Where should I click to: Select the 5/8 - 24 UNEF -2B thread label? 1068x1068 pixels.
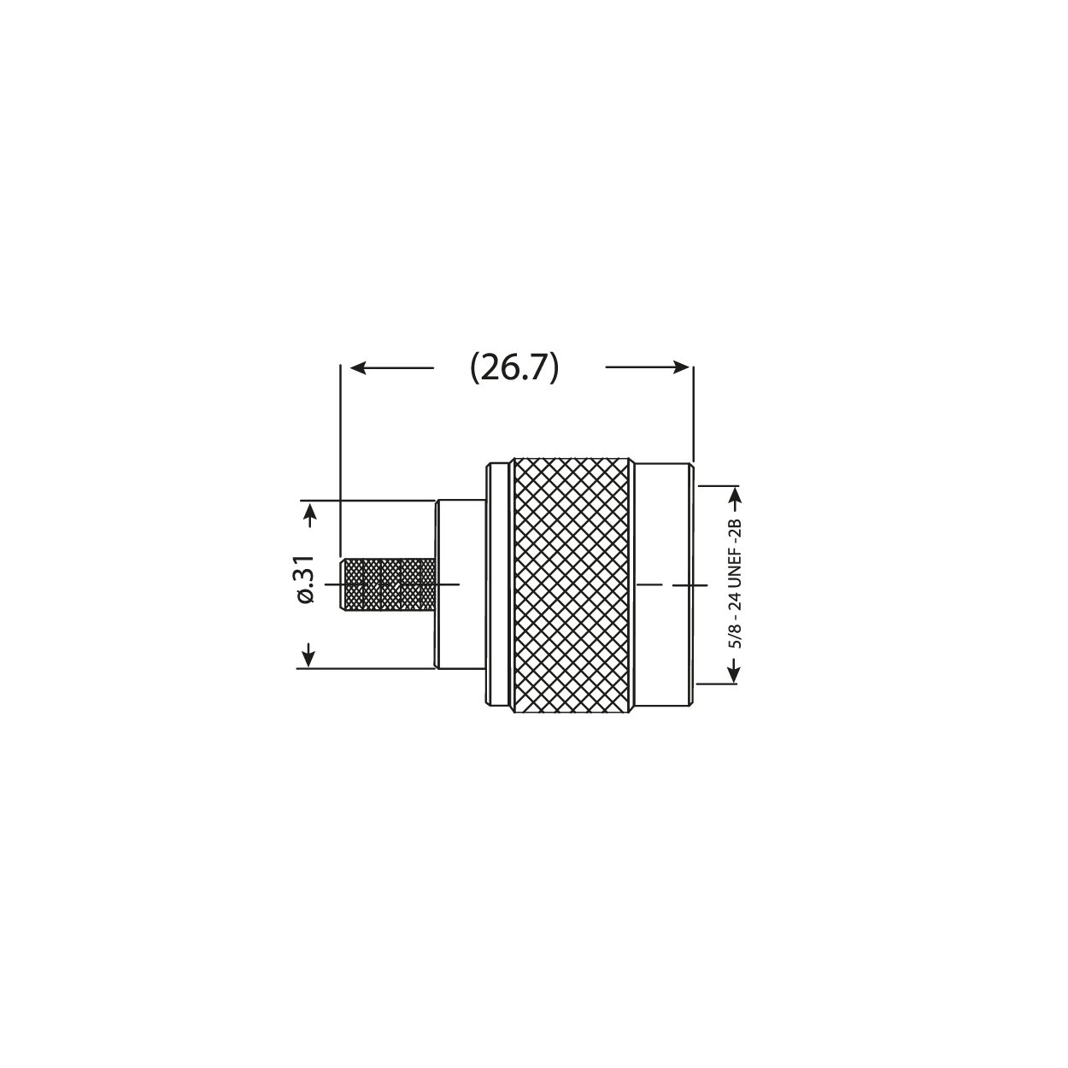(734, 584)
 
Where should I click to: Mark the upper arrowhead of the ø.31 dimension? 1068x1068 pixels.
(309, 512)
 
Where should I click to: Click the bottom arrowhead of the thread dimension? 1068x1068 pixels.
(732, 674)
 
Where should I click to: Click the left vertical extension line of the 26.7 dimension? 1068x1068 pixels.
(341, 461)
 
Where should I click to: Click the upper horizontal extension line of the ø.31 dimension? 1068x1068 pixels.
(367, 501)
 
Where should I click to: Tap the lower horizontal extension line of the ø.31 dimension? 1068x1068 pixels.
(367, 669)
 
